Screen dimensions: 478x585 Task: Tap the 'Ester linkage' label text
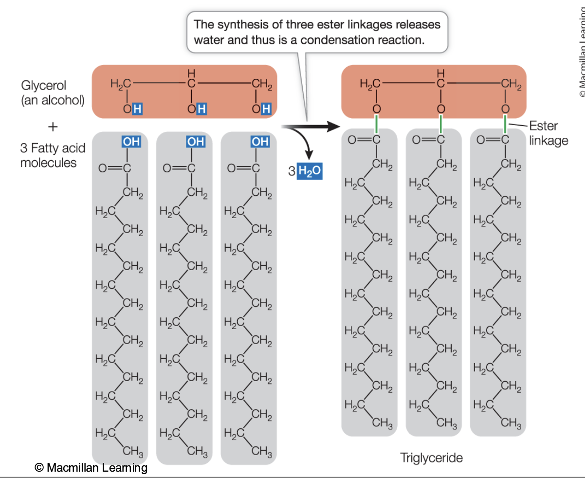coord(548,133)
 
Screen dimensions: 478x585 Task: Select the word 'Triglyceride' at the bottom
coord(431,458)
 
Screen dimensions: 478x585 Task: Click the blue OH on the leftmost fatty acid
coord(131,142)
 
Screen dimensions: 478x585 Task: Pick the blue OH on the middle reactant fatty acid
coord(195,142)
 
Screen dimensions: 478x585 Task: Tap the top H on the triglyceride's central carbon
coord(440,73)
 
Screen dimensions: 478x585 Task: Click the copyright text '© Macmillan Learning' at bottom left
coord(91,468)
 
